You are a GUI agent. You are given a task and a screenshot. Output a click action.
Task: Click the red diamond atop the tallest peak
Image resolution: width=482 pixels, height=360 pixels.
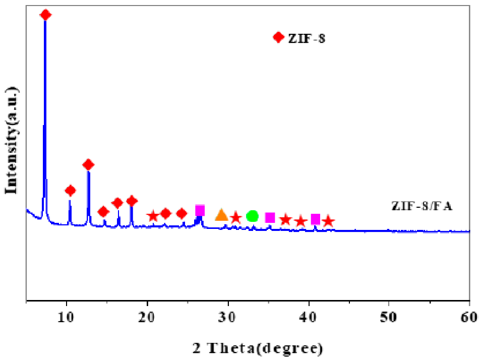(45, 15)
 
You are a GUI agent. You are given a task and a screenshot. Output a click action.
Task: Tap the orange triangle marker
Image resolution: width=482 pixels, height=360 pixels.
(221, 215)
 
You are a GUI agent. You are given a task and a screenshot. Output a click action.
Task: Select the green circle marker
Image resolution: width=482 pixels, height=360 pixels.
(252, 216)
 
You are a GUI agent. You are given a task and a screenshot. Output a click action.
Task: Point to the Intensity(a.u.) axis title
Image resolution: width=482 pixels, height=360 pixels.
(11, 141)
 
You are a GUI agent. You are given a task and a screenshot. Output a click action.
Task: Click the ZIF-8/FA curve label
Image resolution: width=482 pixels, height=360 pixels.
(423, 206)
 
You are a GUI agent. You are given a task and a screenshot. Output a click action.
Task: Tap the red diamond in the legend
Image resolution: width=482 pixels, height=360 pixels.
(278, 37)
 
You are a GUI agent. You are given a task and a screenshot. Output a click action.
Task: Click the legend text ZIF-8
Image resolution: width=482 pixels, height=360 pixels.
(307, 38)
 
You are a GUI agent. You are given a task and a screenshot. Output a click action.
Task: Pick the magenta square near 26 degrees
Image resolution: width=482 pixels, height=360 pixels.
(200, 210)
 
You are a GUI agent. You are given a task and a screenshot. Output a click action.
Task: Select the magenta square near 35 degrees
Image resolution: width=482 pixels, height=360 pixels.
(270, 218)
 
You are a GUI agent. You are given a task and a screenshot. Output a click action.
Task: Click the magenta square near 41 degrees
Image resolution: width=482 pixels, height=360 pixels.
(315, 219)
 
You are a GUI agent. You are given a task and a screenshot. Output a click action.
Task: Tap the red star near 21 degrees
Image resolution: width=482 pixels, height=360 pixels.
(153, 216)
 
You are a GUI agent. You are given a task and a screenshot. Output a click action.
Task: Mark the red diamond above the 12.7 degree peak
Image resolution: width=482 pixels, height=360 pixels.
(88, 165)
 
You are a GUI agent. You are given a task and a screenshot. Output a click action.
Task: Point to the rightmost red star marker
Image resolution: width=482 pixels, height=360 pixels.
(328, 221)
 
